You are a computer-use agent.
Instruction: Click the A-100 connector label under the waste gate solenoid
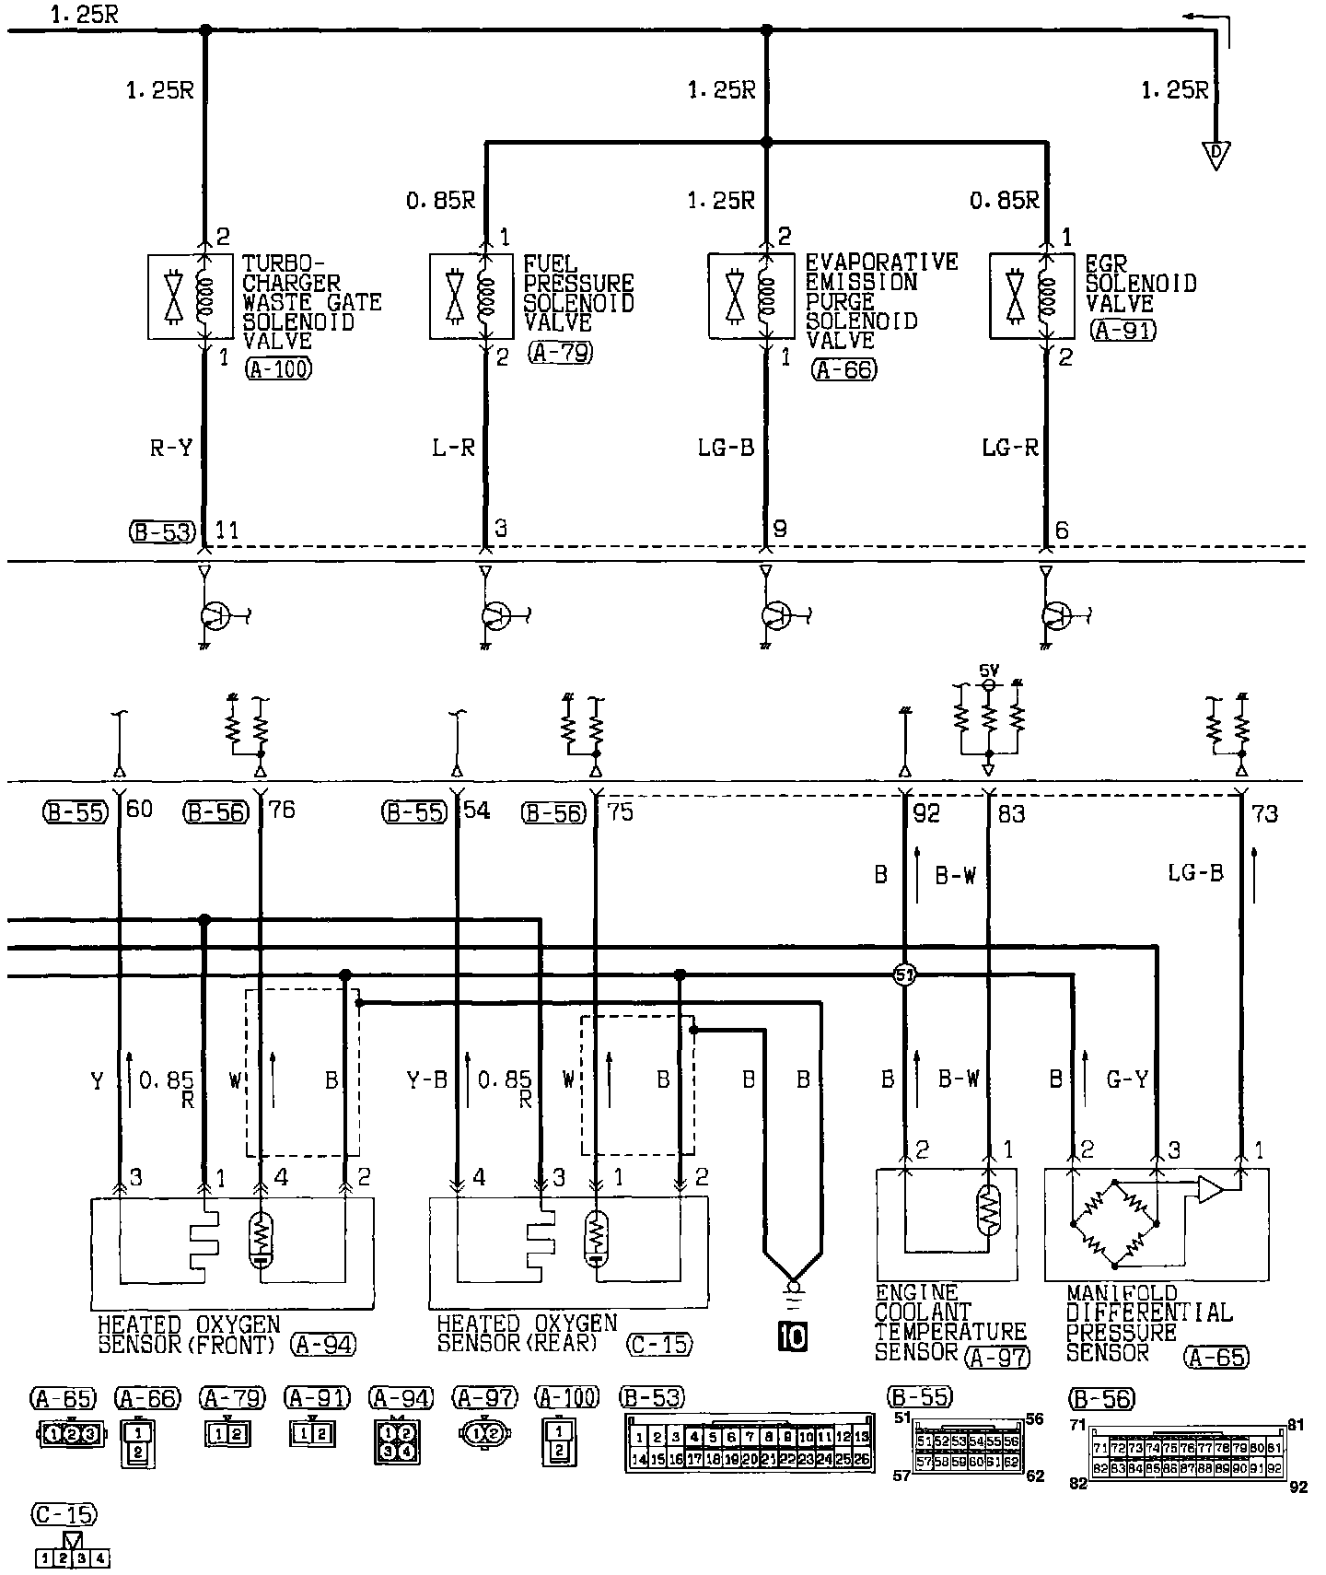(279, 370)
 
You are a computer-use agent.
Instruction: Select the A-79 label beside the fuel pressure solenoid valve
(561, 352)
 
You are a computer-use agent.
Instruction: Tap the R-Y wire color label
(172, 449)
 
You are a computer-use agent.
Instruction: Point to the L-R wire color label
(453, 449)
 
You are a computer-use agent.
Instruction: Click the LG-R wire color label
(1010, 449)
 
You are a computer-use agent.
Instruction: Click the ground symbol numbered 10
(791, 1336)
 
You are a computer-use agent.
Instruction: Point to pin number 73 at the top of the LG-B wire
(1265, 814)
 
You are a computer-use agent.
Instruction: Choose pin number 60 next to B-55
(139, 811)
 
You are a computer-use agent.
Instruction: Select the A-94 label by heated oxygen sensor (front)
(323, 1345)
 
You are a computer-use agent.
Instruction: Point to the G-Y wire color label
(1126, 1079)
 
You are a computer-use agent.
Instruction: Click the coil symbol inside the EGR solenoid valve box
(1046, 297)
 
